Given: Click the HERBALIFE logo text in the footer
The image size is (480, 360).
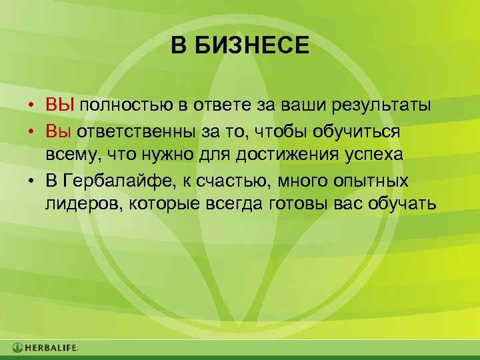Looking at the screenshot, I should [52, 347].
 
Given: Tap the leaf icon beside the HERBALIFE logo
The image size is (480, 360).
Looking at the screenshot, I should [17, 347].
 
